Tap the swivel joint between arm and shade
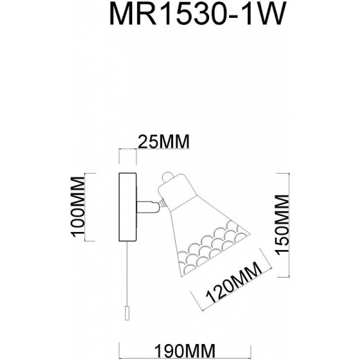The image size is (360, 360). click(x=160, y=202)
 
